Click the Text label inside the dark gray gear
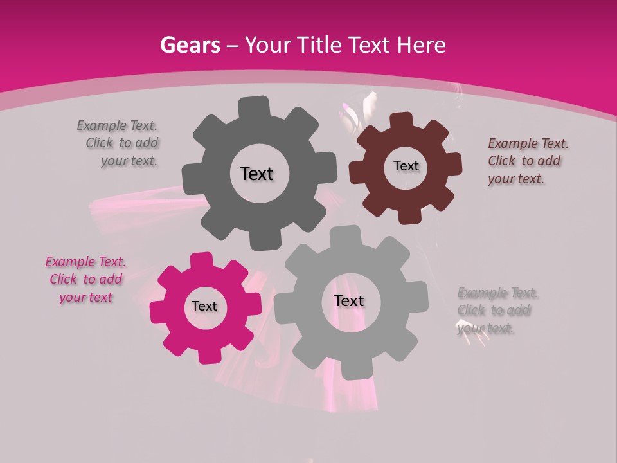(x=256, y=174)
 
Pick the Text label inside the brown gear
(x=406, y=166)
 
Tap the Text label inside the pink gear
(x=204, y=307)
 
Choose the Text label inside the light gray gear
(x=349, y=301)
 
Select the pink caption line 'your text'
(x=86, y=297)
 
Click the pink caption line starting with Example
(x=85, y=262)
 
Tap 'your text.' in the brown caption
(x=516, y=179)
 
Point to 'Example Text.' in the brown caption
(x=528, y=143)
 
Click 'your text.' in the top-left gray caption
(x=129, y=161)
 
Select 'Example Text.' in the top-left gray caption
(x=117, y=125)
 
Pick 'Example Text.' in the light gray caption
(x=498, y=293)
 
